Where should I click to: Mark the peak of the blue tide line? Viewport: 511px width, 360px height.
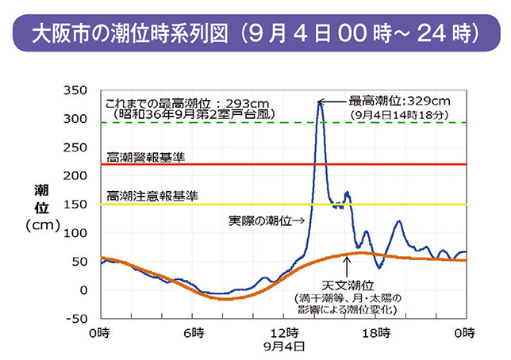click(x=319, y=102)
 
